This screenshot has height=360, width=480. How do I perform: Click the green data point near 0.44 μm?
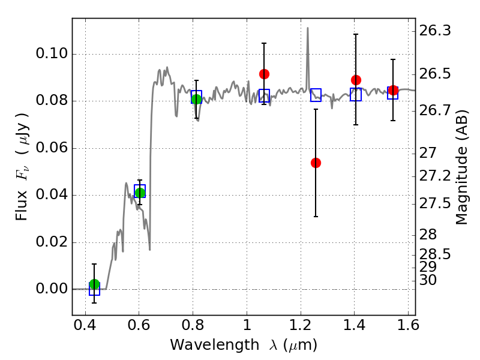point(95,284)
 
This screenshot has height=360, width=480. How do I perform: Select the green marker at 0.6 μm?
point(140,193)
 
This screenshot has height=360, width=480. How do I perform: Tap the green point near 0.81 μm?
point(197,99)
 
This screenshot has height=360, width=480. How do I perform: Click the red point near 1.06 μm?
point(264,74)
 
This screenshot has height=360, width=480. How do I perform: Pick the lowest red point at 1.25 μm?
point(316,163)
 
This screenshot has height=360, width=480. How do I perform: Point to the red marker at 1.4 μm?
point(356,80)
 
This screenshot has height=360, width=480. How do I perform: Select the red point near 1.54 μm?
point(393,91)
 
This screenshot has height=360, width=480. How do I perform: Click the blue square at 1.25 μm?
point(316,95)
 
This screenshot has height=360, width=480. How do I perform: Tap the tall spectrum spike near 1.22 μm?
point(308,28)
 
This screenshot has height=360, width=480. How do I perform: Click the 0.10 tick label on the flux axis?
point(52,53)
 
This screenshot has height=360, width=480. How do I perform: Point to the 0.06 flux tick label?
point(52,148)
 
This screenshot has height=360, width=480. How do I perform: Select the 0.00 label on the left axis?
point(52,289)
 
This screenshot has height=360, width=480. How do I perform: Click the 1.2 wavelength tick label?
point(301,325)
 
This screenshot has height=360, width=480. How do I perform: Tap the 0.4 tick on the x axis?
point(85,325)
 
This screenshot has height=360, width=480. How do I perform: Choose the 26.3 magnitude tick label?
point(435,31)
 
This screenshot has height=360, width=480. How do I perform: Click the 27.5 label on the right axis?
point(435,203)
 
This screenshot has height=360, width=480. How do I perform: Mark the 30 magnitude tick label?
point(428,280)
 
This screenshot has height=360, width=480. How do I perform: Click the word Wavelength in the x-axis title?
point(215,345)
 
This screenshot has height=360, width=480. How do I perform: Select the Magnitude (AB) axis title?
point(461,167)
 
